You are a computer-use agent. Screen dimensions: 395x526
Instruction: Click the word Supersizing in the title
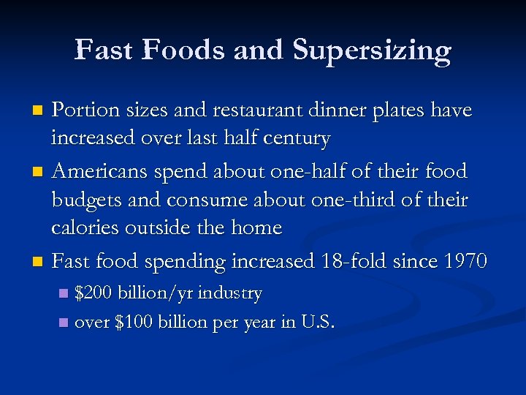[373, 50]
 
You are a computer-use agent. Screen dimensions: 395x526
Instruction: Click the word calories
[83, 227]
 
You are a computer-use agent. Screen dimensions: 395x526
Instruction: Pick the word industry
[229, 294]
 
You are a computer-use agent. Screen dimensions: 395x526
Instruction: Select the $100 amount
[133, 322]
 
